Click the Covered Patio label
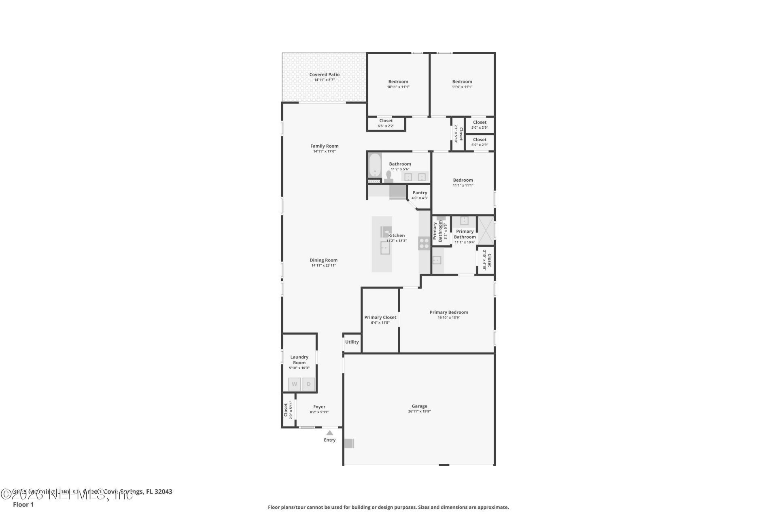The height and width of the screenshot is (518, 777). click(x=324, y=74)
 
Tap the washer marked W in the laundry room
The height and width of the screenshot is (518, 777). click(x=294, y=384)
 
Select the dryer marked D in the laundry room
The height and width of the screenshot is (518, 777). click(x=308, y=384)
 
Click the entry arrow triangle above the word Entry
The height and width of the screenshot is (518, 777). click(x=329, y=433)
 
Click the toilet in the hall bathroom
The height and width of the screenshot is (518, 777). click(x=388, y=177)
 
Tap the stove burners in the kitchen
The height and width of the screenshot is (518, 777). click(x=424, y=243)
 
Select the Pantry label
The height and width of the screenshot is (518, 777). click(x=420, y=193)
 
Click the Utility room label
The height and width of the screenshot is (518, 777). click(x=352, y=342)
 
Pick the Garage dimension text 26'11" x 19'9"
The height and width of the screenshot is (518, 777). click(x=419, y=411)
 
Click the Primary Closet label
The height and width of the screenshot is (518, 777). click(x=380, y=317)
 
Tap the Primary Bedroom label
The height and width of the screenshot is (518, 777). click(x=448, y=312)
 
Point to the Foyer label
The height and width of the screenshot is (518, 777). click(x=319, y=407)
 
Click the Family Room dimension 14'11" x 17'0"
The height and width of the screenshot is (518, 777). click(x=324, y=151)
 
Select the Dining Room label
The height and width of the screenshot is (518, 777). click(x=323, y=260)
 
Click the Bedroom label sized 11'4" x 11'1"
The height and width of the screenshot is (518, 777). click(x=462, y=81)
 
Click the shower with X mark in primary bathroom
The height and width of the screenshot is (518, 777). click(x=486, y=231)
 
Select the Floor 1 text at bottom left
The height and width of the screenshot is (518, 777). click(x=23, y=504)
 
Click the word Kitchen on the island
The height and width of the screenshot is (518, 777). click(x=396, y=235)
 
